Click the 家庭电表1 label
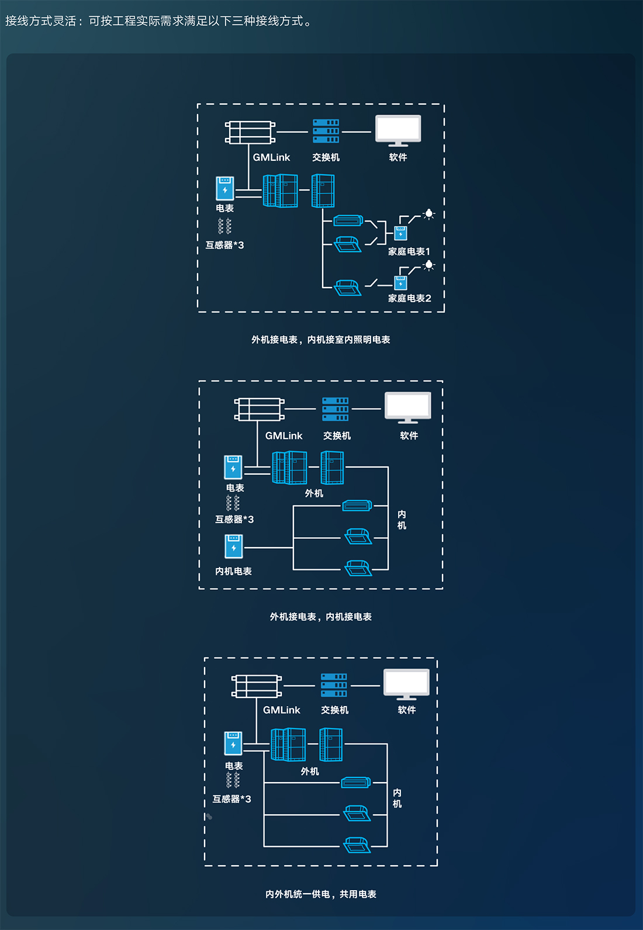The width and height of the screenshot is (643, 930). [409, 251]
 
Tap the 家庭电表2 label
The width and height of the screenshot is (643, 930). [409, 299]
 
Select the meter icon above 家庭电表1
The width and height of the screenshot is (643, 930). [400, 233]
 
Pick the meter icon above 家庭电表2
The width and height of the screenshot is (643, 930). [400, 283]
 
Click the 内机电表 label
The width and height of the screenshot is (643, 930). [233, 571]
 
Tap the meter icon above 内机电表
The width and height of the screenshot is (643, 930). [234, 547]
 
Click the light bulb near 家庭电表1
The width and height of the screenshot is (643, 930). [429, 214]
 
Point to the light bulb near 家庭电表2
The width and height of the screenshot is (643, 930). [429, 265]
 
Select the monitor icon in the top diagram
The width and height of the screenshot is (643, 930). [398, 130]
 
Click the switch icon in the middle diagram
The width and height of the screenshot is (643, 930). [336, 409]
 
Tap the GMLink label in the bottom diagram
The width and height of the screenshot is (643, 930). [281, 710]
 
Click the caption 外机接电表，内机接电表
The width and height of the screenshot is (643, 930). [320, 617]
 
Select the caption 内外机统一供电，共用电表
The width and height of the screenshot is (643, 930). [320, 894]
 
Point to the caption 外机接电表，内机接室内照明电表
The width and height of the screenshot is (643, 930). [320, 340]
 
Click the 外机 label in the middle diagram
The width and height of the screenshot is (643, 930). [314, 493]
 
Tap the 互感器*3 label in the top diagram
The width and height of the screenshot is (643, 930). [224, 245]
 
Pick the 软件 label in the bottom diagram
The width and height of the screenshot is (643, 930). [407, 710]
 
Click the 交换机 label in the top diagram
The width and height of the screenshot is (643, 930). [326, 157]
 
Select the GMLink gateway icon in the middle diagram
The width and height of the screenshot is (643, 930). [259, 409]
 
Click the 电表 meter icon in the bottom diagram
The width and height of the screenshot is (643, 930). [233, 744]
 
